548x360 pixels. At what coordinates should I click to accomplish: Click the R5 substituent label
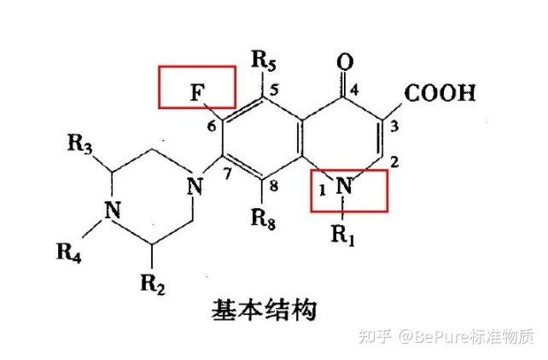tap(265, 61)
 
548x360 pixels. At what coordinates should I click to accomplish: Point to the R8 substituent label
tap(262, 217)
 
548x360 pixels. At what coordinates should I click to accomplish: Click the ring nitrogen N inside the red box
tap(344, 184)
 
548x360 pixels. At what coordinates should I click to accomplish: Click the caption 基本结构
tap(263, 309)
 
